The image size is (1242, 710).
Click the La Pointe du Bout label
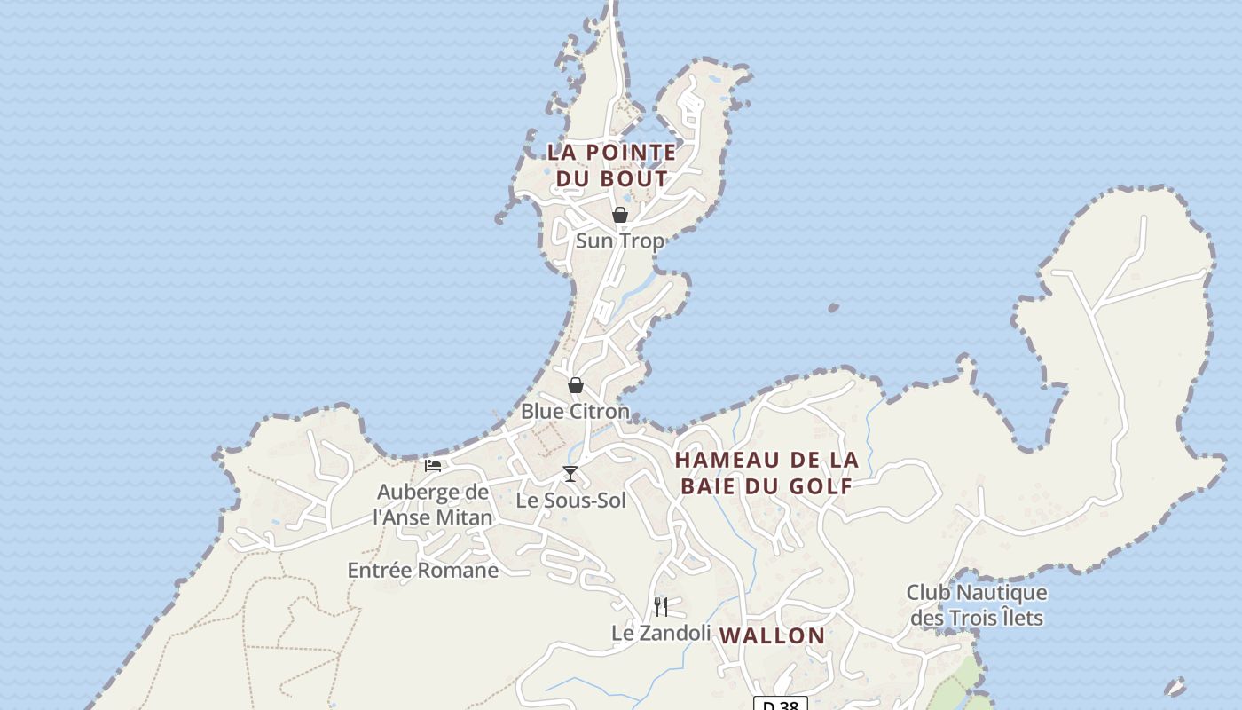point(611,165)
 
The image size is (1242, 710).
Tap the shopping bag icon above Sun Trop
point(620,215)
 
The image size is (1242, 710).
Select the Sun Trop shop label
point(619,241)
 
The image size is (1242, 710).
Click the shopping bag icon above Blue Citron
point(576,385)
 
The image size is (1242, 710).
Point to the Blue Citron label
point(575,412)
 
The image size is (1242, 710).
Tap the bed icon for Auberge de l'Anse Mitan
point(433,465)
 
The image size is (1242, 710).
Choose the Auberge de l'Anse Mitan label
point(433,504)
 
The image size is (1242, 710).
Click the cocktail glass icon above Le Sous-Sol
point(570,474)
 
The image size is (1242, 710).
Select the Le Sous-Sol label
point(570,501)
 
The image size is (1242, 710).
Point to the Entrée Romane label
point(422,570)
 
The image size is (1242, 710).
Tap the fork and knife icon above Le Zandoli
point(661,607)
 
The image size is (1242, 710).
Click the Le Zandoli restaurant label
point(661,633)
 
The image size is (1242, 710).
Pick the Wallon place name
point(772,635)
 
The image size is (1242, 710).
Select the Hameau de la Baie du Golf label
point(766,473)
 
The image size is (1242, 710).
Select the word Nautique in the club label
point(1002,592)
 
